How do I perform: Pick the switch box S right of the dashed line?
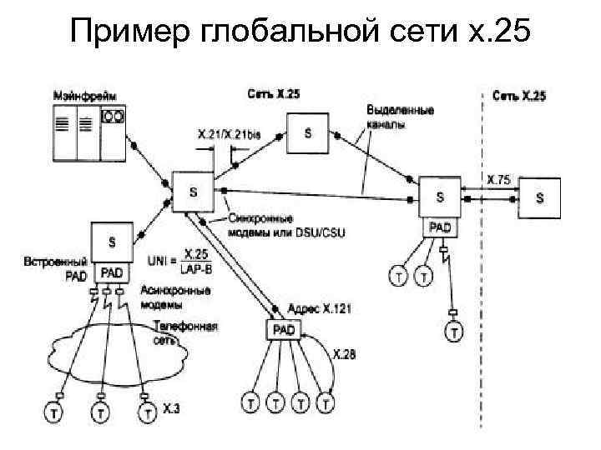coord(539,198)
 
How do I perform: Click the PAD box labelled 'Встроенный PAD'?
coord(112,272)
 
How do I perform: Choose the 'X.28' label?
coord(343,354)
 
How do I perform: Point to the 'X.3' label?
coord(170,408)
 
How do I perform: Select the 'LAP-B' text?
coord(195,267)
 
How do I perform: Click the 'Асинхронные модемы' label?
coord(175,297)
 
